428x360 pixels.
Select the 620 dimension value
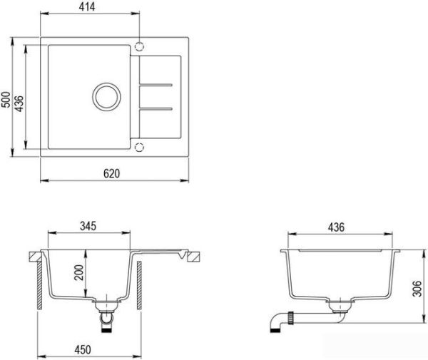point(113,173)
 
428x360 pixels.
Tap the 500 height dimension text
point(6,99)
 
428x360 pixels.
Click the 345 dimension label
point(88,226)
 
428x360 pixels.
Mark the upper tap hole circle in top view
point(140,46)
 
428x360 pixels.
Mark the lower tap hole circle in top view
point(140,148)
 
